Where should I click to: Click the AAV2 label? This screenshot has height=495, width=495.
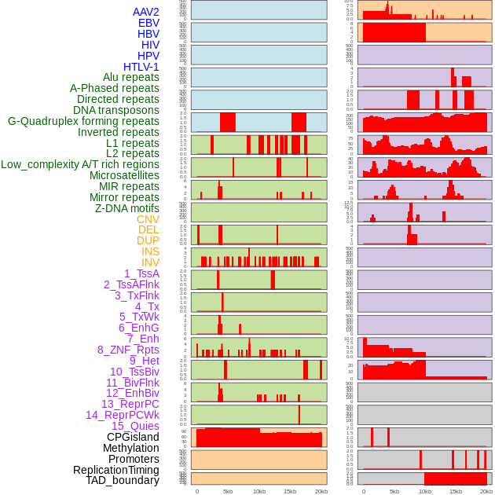[145, 12]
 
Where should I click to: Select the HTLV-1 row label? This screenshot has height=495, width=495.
[141, 67]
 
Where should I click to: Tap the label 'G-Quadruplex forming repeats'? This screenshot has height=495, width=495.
[83, 121]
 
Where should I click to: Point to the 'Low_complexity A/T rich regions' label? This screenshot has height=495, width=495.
[79, 164]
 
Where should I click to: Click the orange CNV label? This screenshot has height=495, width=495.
[148, 219]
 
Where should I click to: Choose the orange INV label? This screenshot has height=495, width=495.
[150, 262]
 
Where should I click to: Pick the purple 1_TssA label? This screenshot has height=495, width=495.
[141, 273]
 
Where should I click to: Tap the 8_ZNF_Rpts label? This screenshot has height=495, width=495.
[128, 350]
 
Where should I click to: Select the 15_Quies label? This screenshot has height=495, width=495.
[135, 426]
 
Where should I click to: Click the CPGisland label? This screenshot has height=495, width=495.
[133, 437]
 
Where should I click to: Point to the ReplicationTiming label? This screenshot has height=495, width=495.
[115, 470]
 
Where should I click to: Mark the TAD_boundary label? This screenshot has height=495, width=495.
[122, 480]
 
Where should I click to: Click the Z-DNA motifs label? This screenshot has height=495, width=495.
[127, 208]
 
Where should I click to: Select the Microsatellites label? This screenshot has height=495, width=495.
[124, 175]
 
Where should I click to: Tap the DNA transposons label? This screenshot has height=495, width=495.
[116, 110]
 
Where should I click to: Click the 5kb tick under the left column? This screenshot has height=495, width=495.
[228, 491]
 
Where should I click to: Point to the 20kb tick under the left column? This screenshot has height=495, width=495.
[321, 491]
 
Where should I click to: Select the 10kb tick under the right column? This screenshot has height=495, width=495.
[425, 491]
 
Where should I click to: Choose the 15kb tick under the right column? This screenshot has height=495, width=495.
[456, 491]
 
